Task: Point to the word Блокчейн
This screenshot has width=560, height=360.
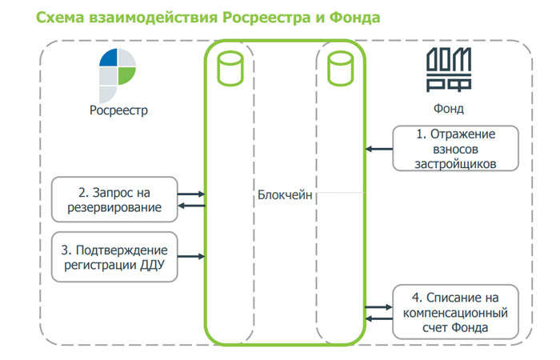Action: pyautogui.click(x=285, y=194)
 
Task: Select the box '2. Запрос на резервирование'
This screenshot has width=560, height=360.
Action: pyautogui.click(x=114, y=200)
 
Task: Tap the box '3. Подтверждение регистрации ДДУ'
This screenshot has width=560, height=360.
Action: pyautogui.click(x=114, y=257)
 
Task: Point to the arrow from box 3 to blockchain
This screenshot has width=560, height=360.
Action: pyautogui.click(x=191, y=257)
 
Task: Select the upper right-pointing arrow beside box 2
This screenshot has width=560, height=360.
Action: pyautogui.click(x=191, y=194)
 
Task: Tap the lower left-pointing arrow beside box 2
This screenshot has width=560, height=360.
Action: pyautogui.click(x=191, y=206)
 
